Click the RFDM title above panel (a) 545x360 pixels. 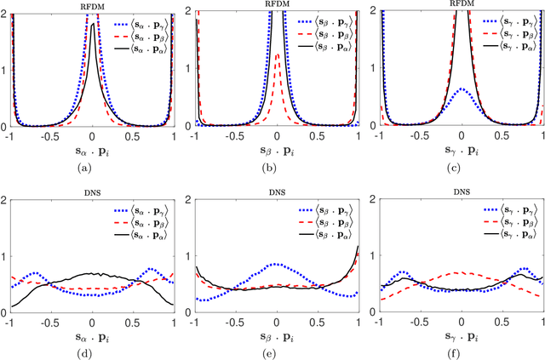pos(92,4)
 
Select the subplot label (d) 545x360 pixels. pos(92,354)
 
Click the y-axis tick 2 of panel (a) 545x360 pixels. pos(5,9)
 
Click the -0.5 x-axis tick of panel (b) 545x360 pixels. pos(235,135)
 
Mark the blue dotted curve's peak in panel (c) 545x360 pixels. pos(461,89)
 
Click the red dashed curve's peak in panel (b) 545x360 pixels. pos(277,54)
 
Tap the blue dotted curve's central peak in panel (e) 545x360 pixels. pos(276,264)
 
